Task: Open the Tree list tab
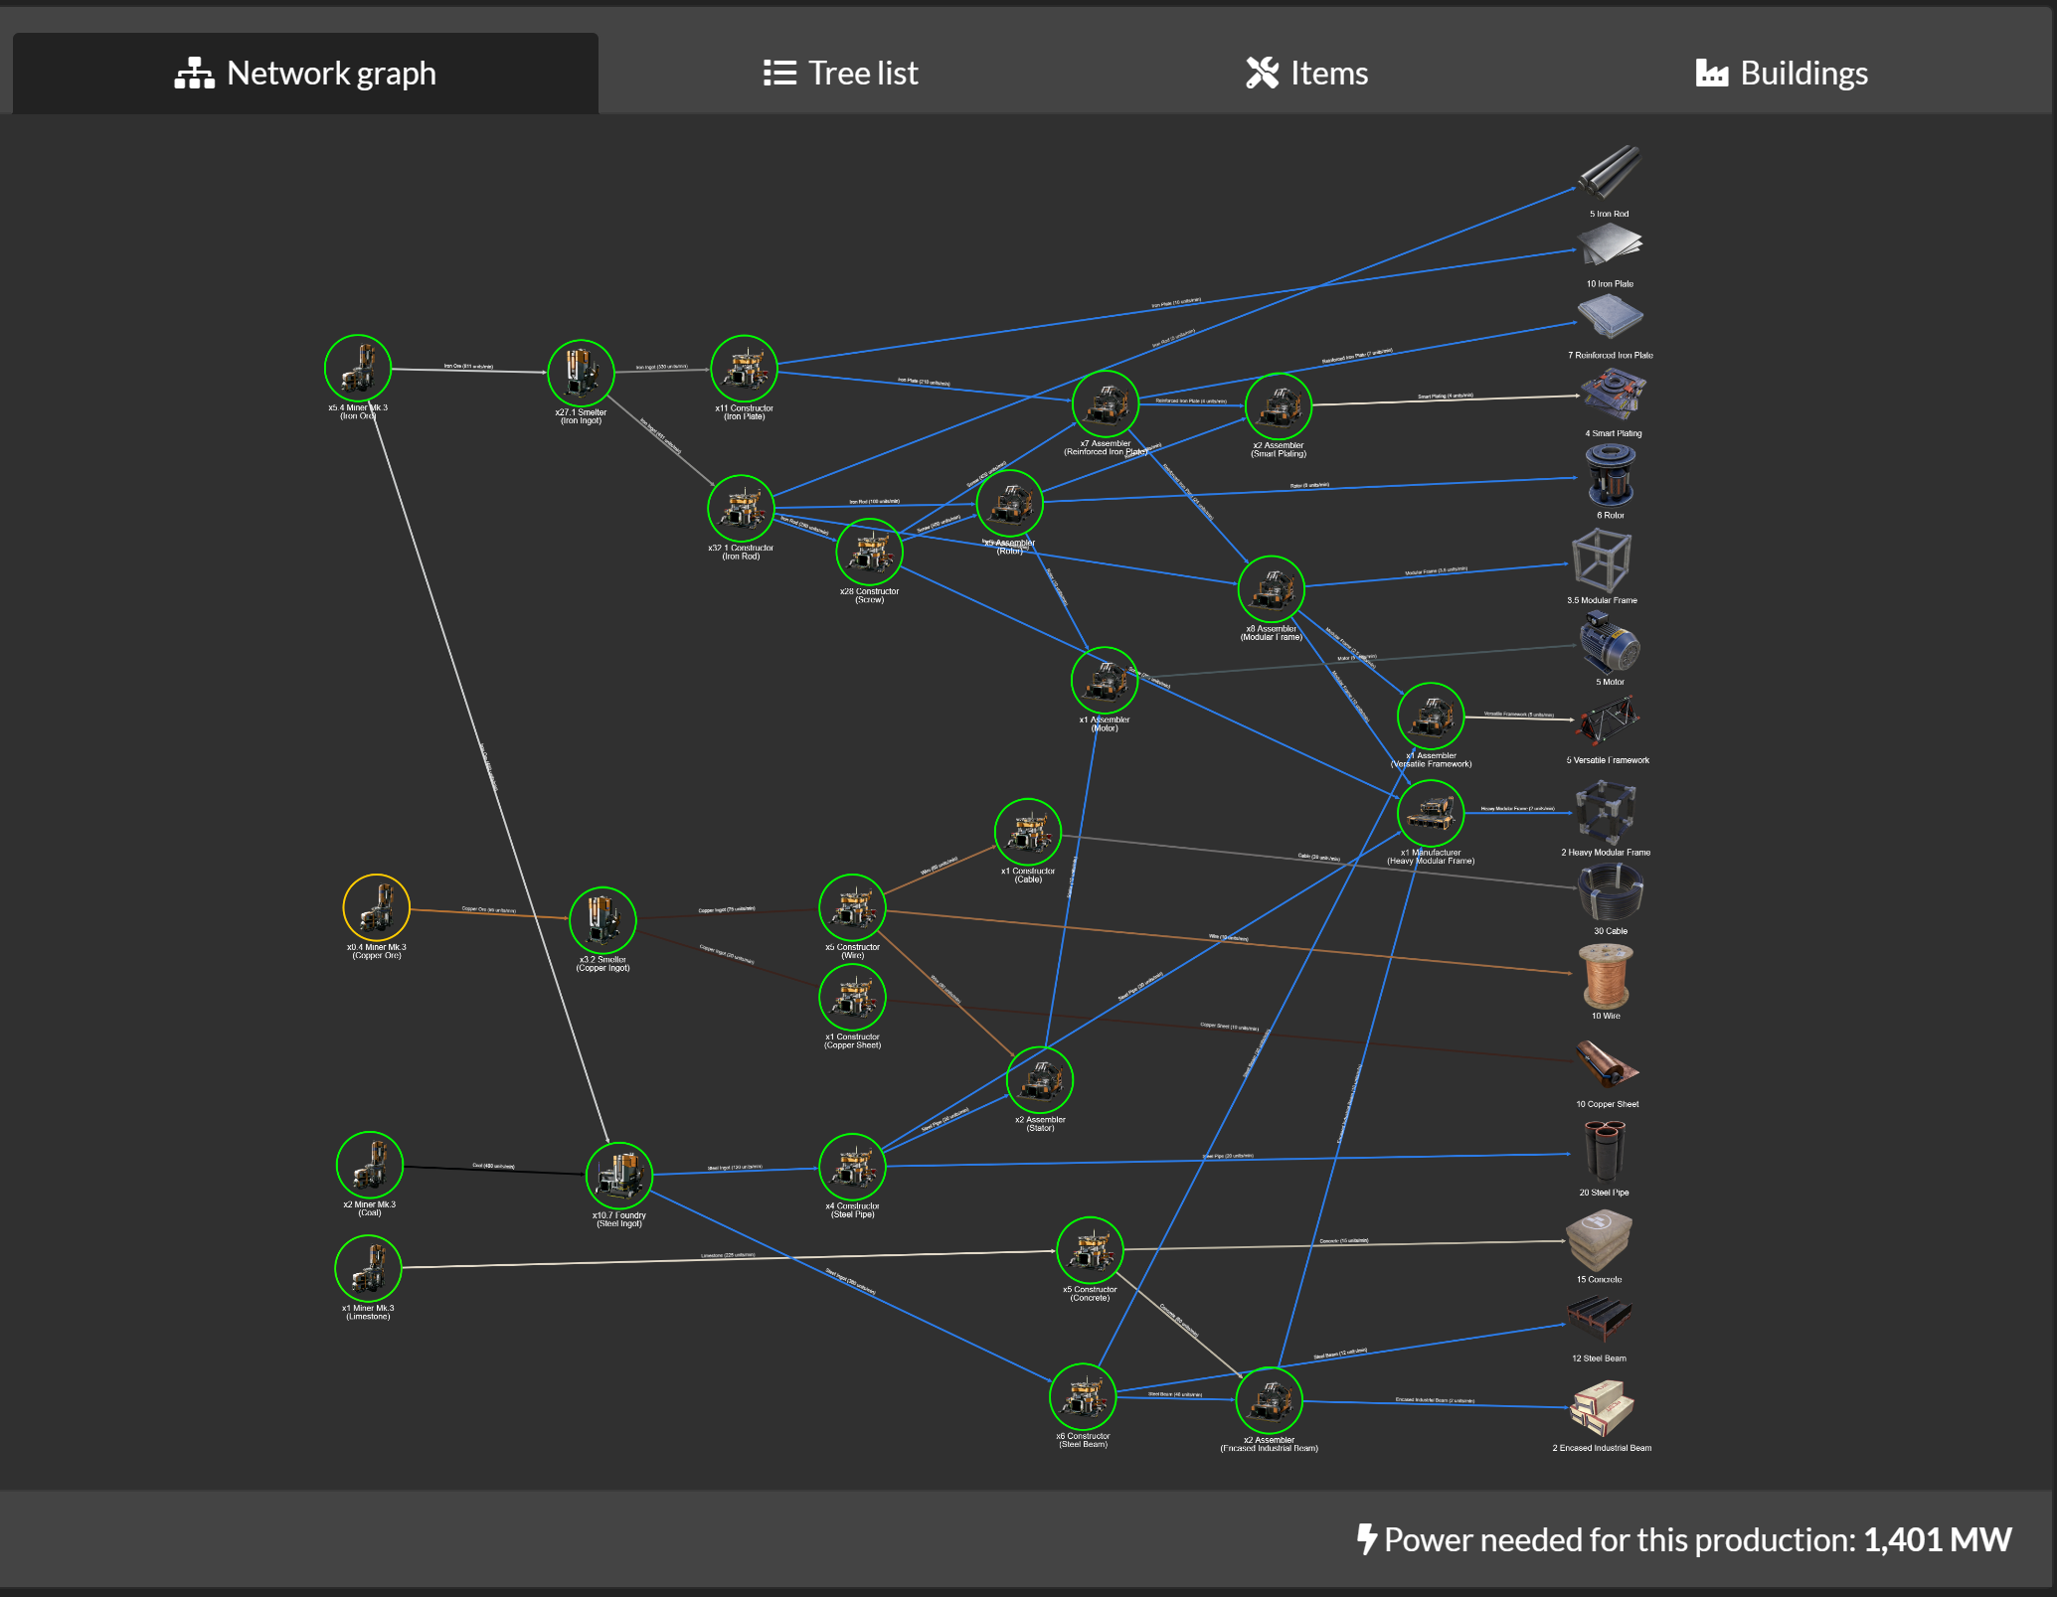(x=841, y=74)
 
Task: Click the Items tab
(x=1306, y=74)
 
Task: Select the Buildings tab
(x=1782, y=74)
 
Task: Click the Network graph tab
(x=305, y=74)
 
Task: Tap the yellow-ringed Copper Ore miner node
(x=376, y=907)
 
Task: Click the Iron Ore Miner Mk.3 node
(x=358, y=369)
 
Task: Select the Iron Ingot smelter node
(x=581, y=373)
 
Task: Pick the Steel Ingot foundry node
(x=618, y=1176)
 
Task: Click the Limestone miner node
(x=368, y=1268)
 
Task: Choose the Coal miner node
(x=370, y=1165)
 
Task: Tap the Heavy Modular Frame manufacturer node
(x=1431, y=814)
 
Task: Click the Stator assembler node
(x=1040, y=1080)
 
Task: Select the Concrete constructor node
(x=1090, y=1250)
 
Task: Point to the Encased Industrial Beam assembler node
(x=1269, y=1400)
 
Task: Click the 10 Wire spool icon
(x=1605, y=977)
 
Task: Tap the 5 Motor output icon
(x=1610, y=643)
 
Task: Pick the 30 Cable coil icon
(x=1610, y=892)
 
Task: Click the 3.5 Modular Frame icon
(x=1601, y=561)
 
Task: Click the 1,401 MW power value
(x=1937, y=1539)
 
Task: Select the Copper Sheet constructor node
(x=852, y=998)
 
